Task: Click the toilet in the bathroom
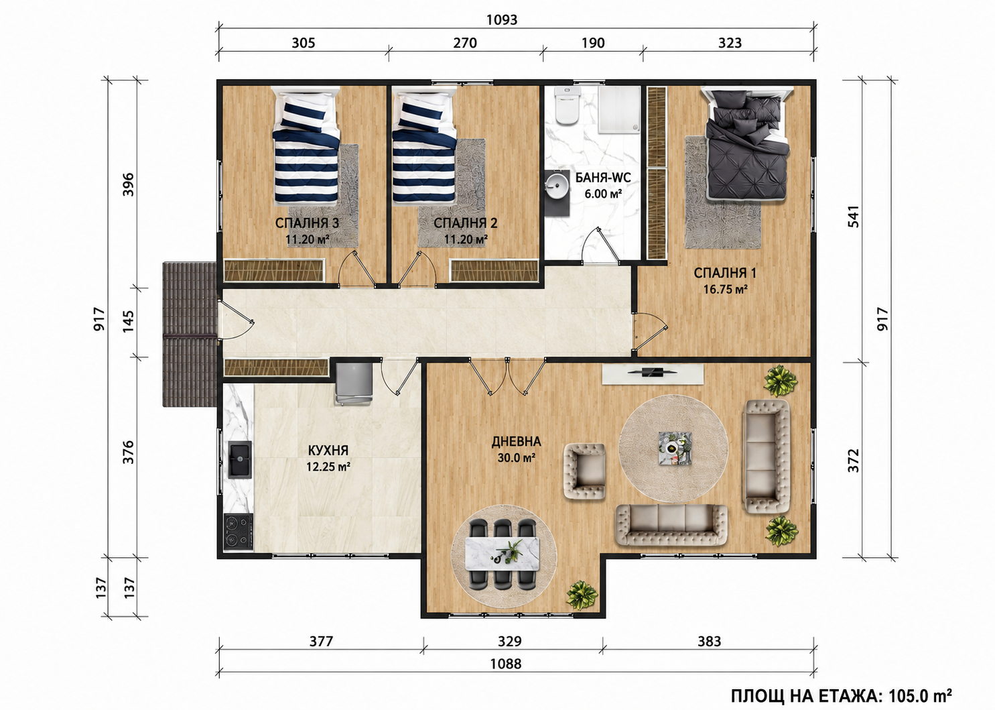tap(568, 106)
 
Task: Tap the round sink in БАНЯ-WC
tap(557, 186)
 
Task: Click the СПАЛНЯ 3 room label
tap(307, 223)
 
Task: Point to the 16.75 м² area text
tap(725, 290)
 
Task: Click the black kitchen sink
tap(240, 459)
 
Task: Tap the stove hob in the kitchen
tap(238, 532)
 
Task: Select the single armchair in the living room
tap(584, 471)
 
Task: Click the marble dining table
tap(503, 554)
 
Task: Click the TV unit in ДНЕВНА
tap(653, 373)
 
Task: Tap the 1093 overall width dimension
tap(502, 20)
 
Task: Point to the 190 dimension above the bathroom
tap(593, 43)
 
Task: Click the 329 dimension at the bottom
tap(509, 641)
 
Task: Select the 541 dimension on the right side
tap(854, 217)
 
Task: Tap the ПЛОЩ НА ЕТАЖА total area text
tap(842, 696)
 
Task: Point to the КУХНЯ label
tap(328, 451)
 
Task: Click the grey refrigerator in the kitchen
tap(353, 383)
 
